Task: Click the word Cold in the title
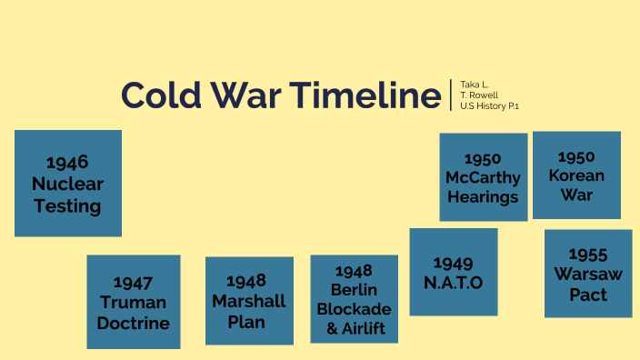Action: pos(160,95)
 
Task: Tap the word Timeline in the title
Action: pos(366,95)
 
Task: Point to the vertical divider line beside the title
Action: pos(451,95)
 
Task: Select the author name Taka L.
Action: pos(475,84)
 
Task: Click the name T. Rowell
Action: pos(479,95)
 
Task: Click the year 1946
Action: pos(68,163)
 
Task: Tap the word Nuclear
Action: pos(68,185)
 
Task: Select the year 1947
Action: pos(134,283)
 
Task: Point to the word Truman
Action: pos(134,303)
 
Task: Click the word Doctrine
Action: pos(134,323)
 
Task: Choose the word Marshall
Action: pos(249,301)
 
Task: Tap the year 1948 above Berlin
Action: pos(354,270)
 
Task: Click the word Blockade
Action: pos(354,309)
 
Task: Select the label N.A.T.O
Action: pos(453,283)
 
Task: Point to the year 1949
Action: pos(453,263)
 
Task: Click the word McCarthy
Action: pos(483,177)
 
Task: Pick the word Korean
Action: pos(576,175)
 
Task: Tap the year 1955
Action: pos(587,255)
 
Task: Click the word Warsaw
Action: pos(587,275)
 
